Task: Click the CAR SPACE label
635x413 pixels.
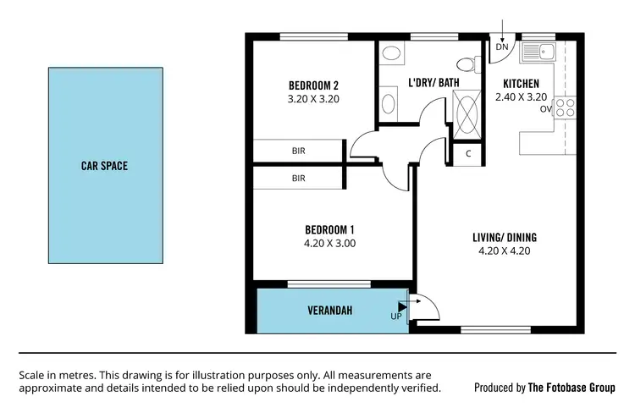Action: pos(104,166)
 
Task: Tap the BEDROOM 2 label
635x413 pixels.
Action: pos(313,85)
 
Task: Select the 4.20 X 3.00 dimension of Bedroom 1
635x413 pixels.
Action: pos(329,243)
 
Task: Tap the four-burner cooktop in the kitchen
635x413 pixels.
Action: pos(565,107)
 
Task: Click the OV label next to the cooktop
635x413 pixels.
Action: pos(546,108)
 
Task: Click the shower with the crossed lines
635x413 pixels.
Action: pos(466,114)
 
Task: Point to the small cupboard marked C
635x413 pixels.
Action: pos(468,153)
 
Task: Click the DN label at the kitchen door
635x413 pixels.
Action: pos(502,47)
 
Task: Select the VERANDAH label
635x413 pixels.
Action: pos(329,311)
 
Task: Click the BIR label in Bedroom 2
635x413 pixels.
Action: pos(298,151)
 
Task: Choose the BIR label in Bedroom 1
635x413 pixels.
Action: pos(298,179)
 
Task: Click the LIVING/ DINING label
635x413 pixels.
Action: pos(505,237)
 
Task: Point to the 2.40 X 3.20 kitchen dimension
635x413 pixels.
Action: pos(521,97)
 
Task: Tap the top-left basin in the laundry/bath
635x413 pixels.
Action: pos(390,52)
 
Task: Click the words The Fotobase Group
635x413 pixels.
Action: pos(571,388)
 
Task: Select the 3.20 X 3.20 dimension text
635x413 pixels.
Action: pos(313,98)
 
